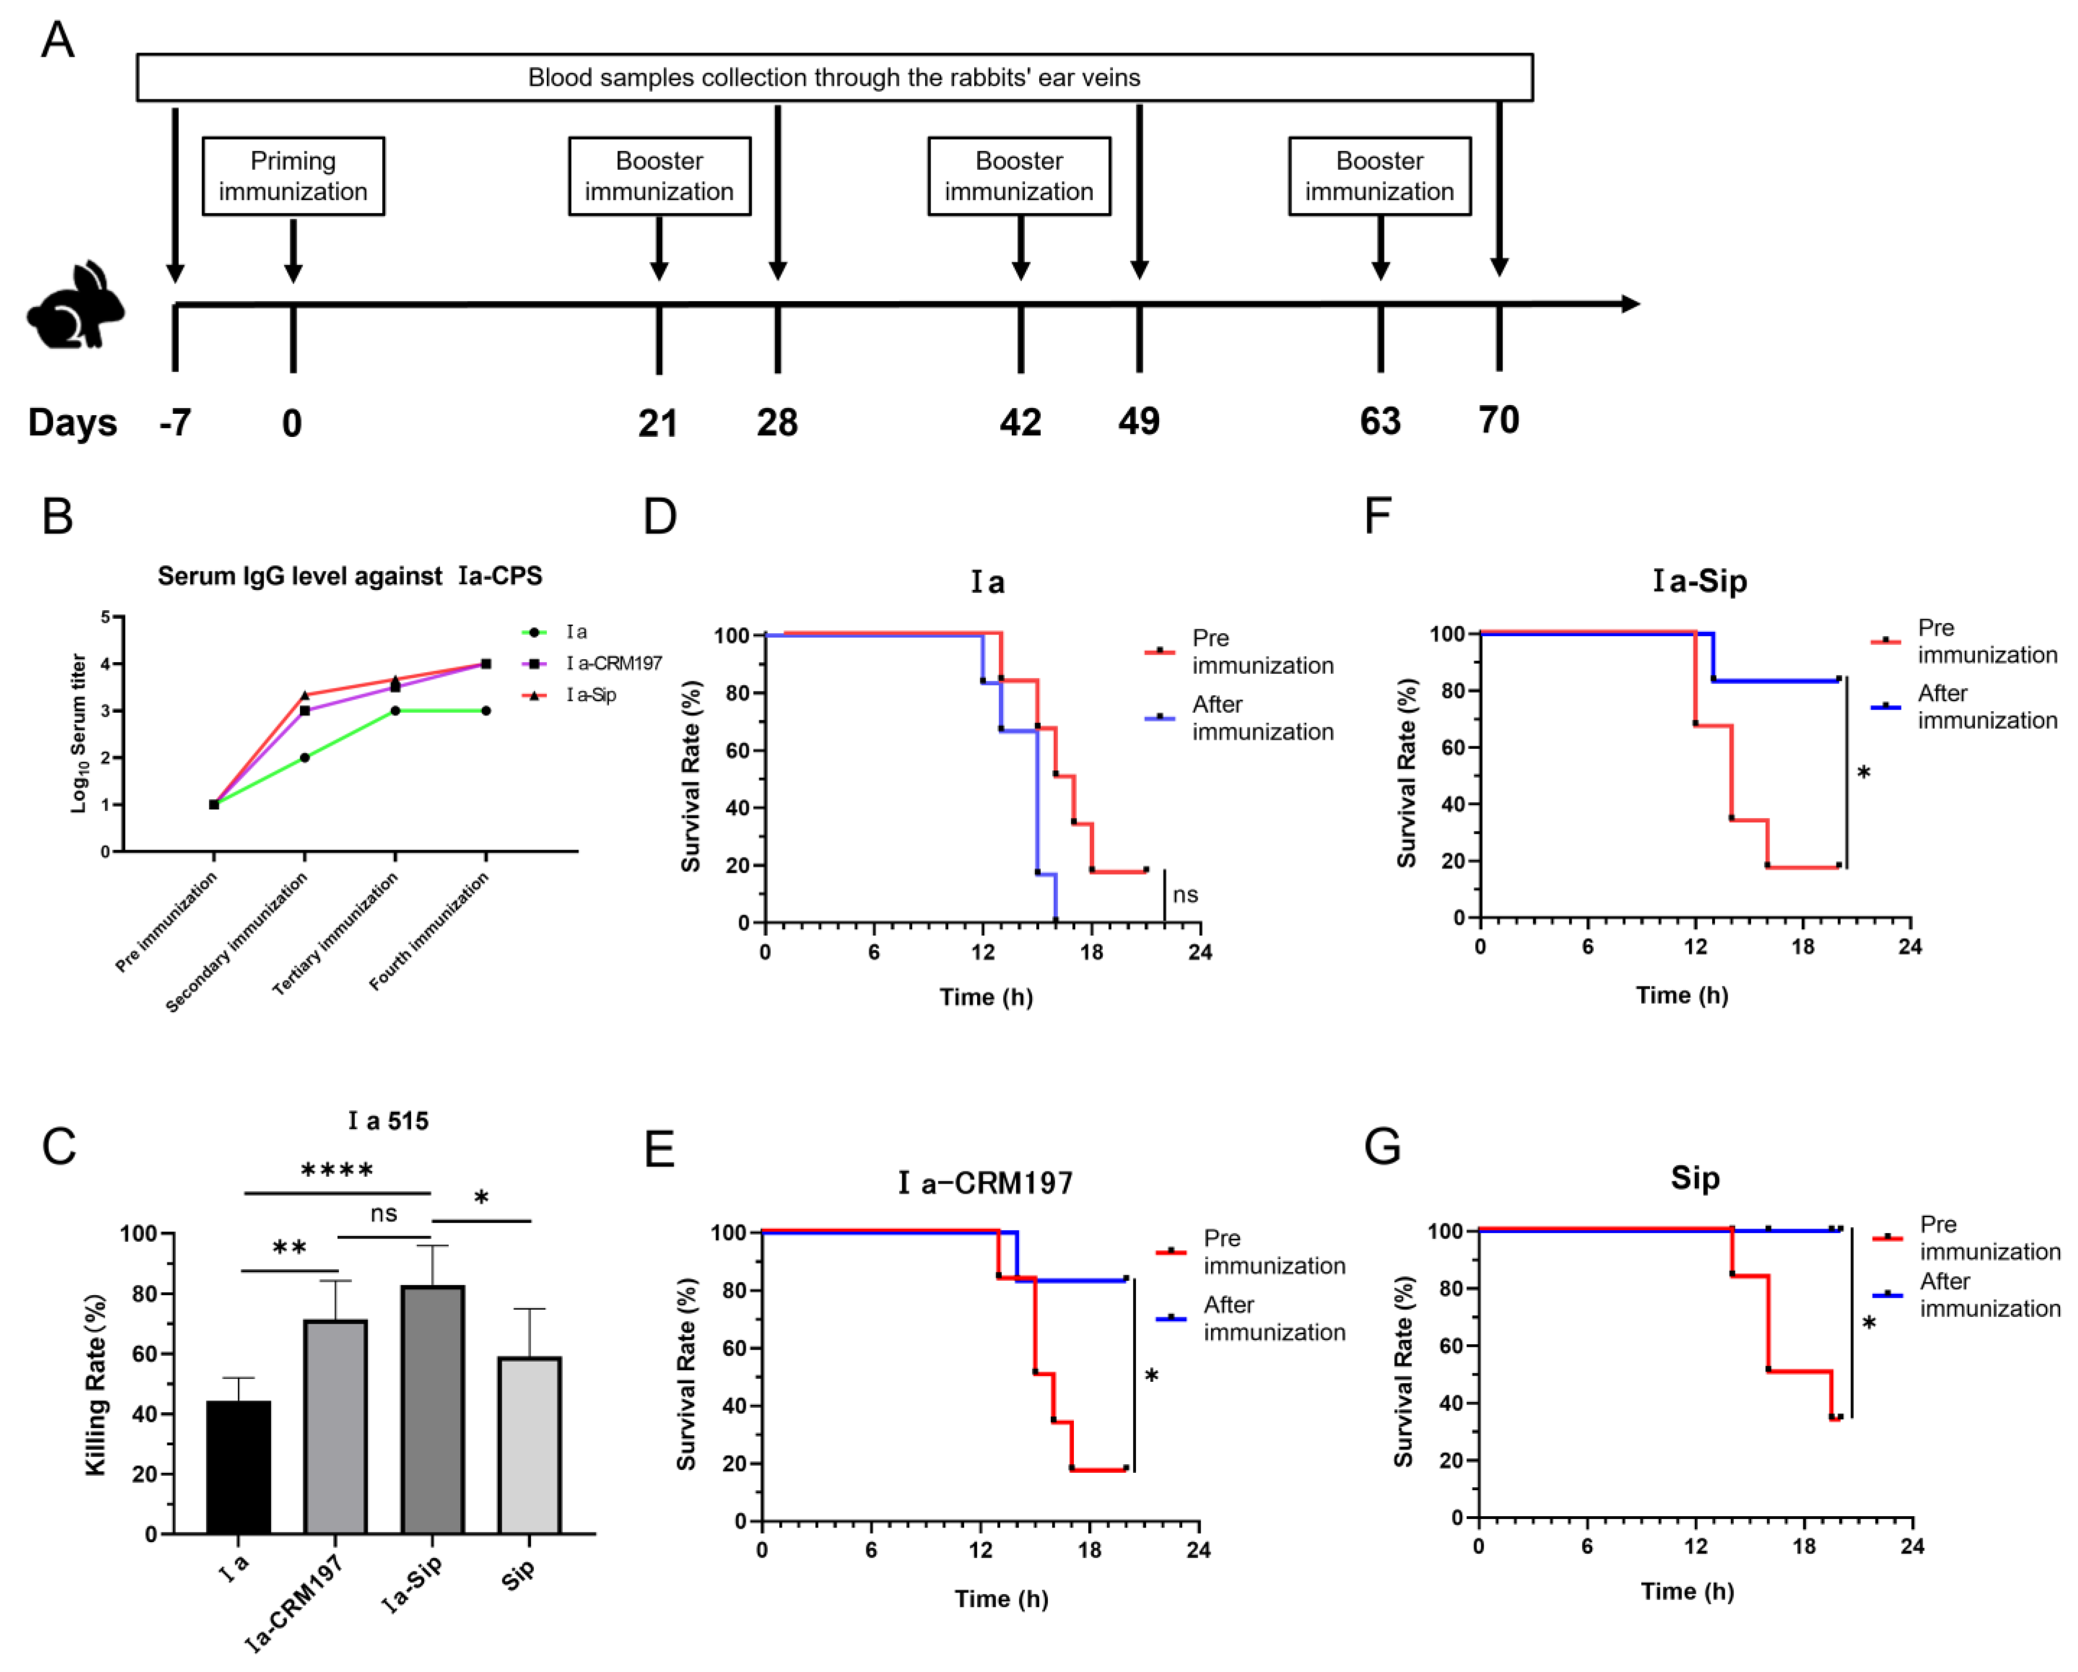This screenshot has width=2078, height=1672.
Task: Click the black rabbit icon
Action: pos(75,305)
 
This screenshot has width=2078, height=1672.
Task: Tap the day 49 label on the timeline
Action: pos(1139,421)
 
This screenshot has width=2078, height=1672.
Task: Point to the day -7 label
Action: pos(176,422)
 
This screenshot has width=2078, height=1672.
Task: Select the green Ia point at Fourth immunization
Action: pos(486,711)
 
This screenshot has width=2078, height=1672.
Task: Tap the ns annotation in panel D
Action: pos(1185,895)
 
